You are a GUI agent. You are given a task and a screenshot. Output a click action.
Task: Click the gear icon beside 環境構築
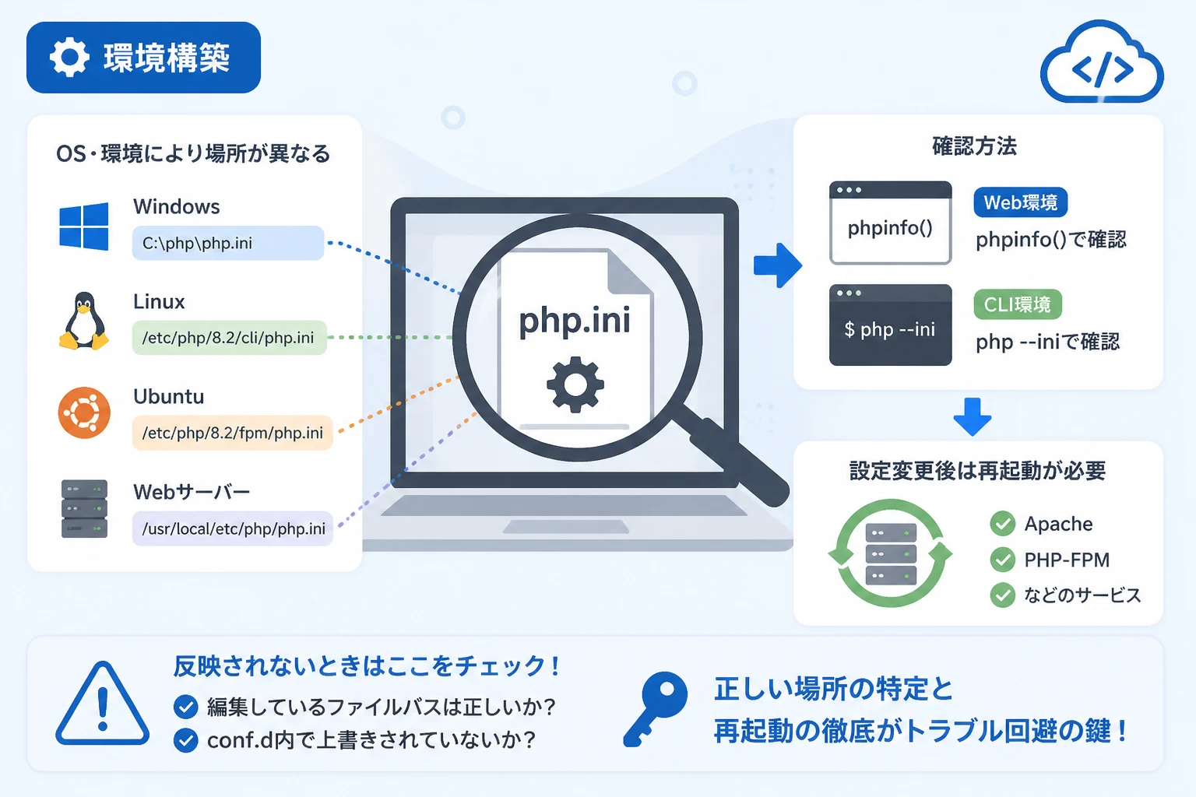pos(69,57)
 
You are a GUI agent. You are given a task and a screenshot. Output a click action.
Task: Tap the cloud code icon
pos(1102,63)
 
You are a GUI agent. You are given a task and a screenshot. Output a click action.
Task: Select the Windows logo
pos(84,226)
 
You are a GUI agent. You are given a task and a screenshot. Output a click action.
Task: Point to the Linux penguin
pos(84,321)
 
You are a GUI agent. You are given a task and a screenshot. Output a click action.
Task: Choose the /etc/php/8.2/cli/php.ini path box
pos(229,337)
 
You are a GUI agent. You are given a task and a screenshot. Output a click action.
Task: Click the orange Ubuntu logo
pos(84,413)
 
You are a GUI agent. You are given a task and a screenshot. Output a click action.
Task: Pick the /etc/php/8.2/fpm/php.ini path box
pos(232,433)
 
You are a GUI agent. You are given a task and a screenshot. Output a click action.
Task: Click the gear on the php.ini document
pos(575,384)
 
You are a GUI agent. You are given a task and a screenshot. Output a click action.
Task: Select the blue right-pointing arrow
pos(777,265)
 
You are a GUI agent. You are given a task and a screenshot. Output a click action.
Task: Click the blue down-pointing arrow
pos(973,416)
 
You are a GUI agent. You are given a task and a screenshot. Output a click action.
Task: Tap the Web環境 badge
pos(1020,202)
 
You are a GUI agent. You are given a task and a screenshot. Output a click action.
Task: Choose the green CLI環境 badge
pos(1018,304)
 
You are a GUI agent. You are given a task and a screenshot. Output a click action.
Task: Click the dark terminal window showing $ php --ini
pos(890,325)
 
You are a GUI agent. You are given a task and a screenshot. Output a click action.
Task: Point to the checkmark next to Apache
pos(1002,524)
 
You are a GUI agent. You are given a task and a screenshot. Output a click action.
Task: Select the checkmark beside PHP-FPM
pos(1002,560)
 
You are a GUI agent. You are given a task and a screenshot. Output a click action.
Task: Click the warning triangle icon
pos(103,704)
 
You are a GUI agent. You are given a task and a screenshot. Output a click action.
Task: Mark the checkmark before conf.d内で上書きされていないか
pos(186,740)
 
